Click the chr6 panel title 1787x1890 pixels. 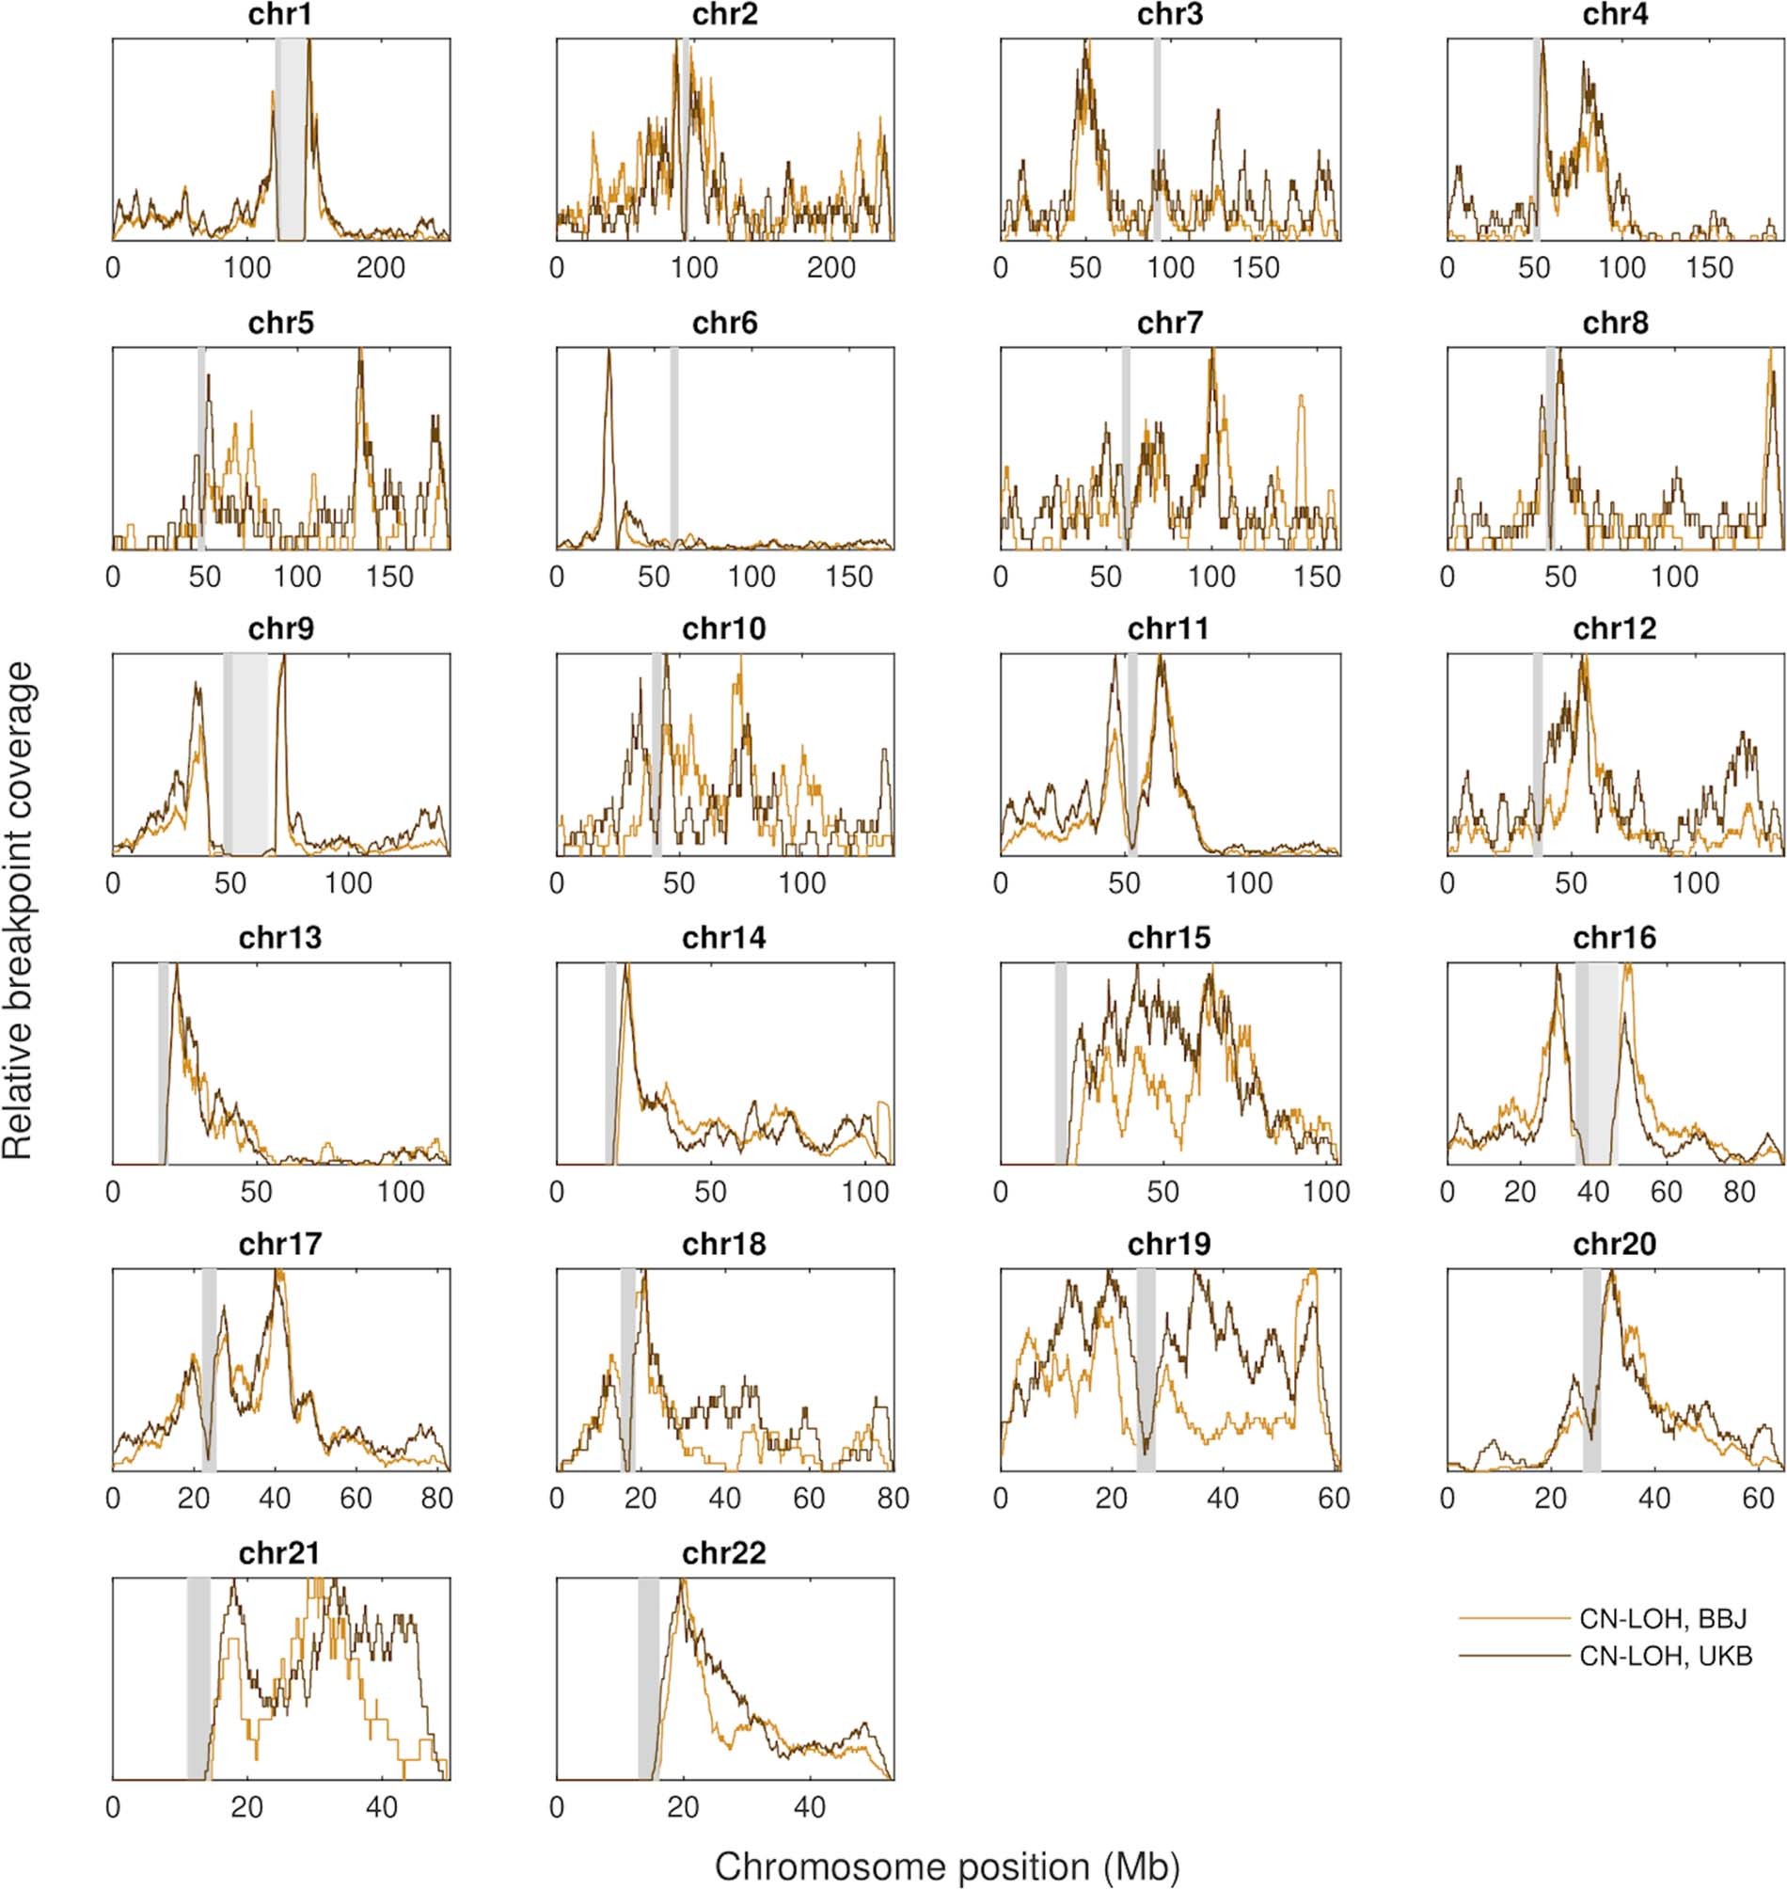point(725,324)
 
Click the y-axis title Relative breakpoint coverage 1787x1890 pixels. point(19,910)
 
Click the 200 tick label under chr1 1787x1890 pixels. point(380,269)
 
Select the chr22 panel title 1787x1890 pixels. point(725,1554)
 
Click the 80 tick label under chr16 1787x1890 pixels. point(1739,1193)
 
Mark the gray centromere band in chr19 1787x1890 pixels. point(1146,1369)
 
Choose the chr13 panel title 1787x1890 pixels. point(280,938)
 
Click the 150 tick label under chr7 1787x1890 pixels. point(1319,578)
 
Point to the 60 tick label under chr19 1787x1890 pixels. point(1334,1500)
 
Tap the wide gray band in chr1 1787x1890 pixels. point(292,138)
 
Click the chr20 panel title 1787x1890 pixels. point(1615,1245)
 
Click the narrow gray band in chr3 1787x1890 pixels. point(1157,138)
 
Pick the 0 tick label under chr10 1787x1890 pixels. point(557,884)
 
